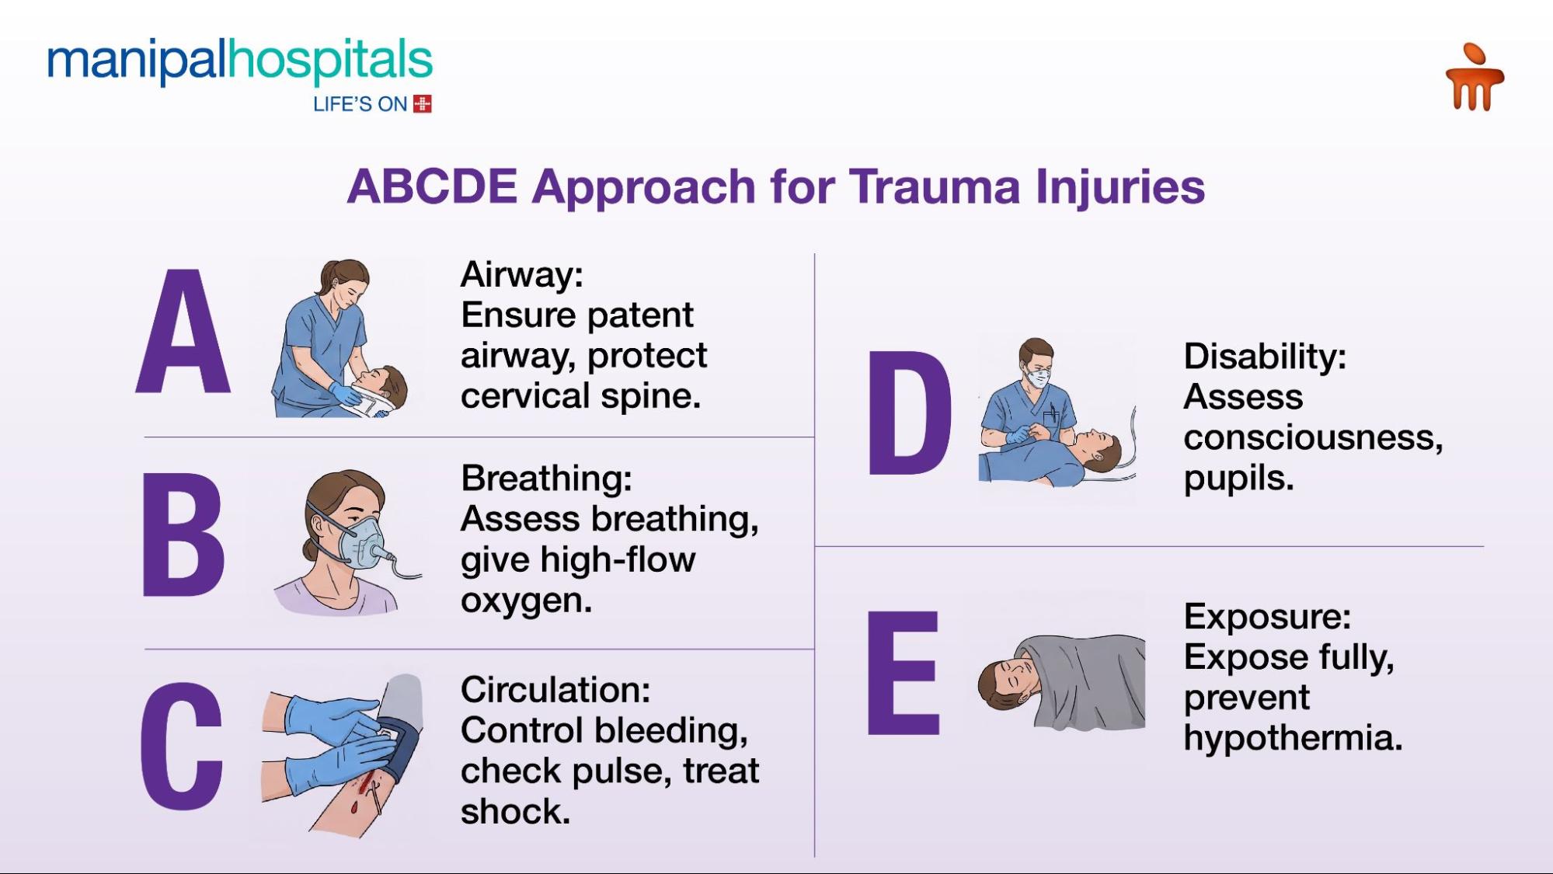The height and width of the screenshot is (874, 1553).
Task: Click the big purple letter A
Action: [183, 333]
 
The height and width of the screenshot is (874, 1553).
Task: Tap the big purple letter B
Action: [183, 535]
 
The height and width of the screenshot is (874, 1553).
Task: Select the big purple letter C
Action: [182, 747]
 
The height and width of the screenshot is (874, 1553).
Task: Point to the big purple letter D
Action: [908, 413]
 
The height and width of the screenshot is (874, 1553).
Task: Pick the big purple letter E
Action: [903, 673]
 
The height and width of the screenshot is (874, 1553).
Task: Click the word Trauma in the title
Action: [935, 186]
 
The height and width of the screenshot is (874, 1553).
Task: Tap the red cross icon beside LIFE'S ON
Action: [423, 104]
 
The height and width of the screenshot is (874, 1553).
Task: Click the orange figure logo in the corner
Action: [1474, 78]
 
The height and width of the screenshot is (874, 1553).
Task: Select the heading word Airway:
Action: [521, 275]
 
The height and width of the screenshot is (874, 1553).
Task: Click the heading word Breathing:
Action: [546, 479]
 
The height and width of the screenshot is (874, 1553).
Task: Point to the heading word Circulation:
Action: [555, 690]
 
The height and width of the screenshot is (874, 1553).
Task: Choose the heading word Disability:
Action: [1264, 357]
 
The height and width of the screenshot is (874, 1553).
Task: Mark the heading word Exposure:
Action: [1267, 617]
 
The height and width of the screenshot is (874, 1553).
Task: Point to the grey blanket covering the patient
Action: [1088, 680]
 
